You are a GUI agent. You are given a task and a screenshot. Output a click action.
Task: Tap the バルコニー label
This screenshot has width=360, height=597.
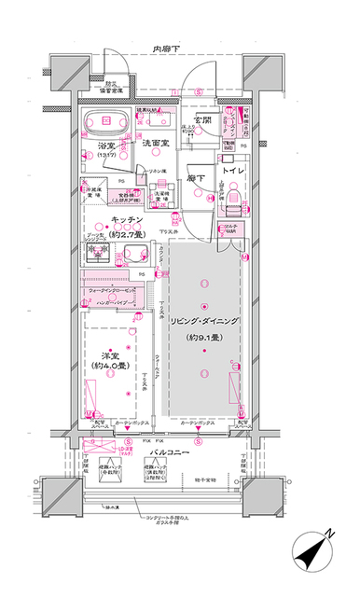(170, 452)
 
